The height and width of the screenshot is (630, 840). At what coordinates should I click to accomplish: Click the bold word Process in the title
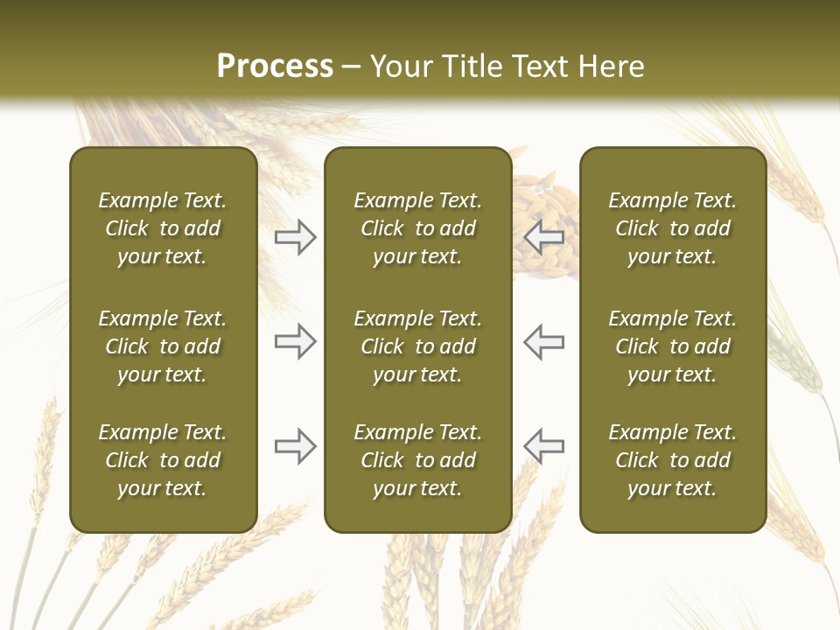tap(275, 66)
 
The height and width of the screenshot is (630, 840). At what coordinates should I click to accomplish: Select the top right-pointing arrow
tap(295, 236)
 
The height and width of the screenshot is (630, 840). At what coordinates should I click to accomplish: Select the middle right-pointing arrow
tap(295, 341)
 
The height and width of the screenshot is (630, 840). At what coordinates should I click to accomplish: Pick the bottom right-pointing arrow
tap(295, 446)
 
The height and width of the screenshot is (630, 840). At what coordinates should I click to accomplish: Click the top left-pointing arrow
tap(544, 236)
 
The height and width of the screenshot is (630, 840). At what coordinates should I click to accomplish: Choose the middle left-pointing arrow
tap(544, 341)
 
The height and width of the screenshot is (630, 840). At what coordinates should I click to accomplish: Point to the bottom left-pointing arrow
tap(544, 446)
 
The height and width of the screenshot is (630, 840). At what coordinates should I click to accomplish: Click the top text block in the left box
tap(163, 228)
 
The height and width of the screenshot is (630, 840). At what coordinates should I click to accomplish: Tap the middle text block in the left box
tap(163, 346)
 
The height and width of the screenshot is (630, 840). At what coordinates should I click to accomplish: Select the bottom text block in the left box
tap(163, 460)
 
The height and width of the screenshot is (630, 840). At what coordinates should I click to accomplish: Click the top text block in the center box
tap(417, 228)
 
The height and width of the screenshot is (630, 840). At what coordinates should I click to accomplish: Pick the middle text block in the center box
tap(417, 346)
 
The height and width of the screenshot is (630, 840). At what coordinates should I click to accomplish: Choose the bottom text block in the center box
tap(417, 460)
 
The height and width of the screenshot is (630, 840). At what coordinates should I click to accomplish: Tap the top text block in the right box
tap(672, 228)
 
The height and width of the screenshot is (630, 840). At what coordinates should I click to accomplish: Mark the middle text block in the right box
tap(672, 346)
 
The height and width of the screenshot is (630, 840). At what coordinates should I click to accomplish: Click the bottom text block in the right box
tap(672, 460)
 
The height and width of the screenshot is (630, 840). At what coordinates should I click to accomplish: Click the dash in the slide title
tap(352, 67)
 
